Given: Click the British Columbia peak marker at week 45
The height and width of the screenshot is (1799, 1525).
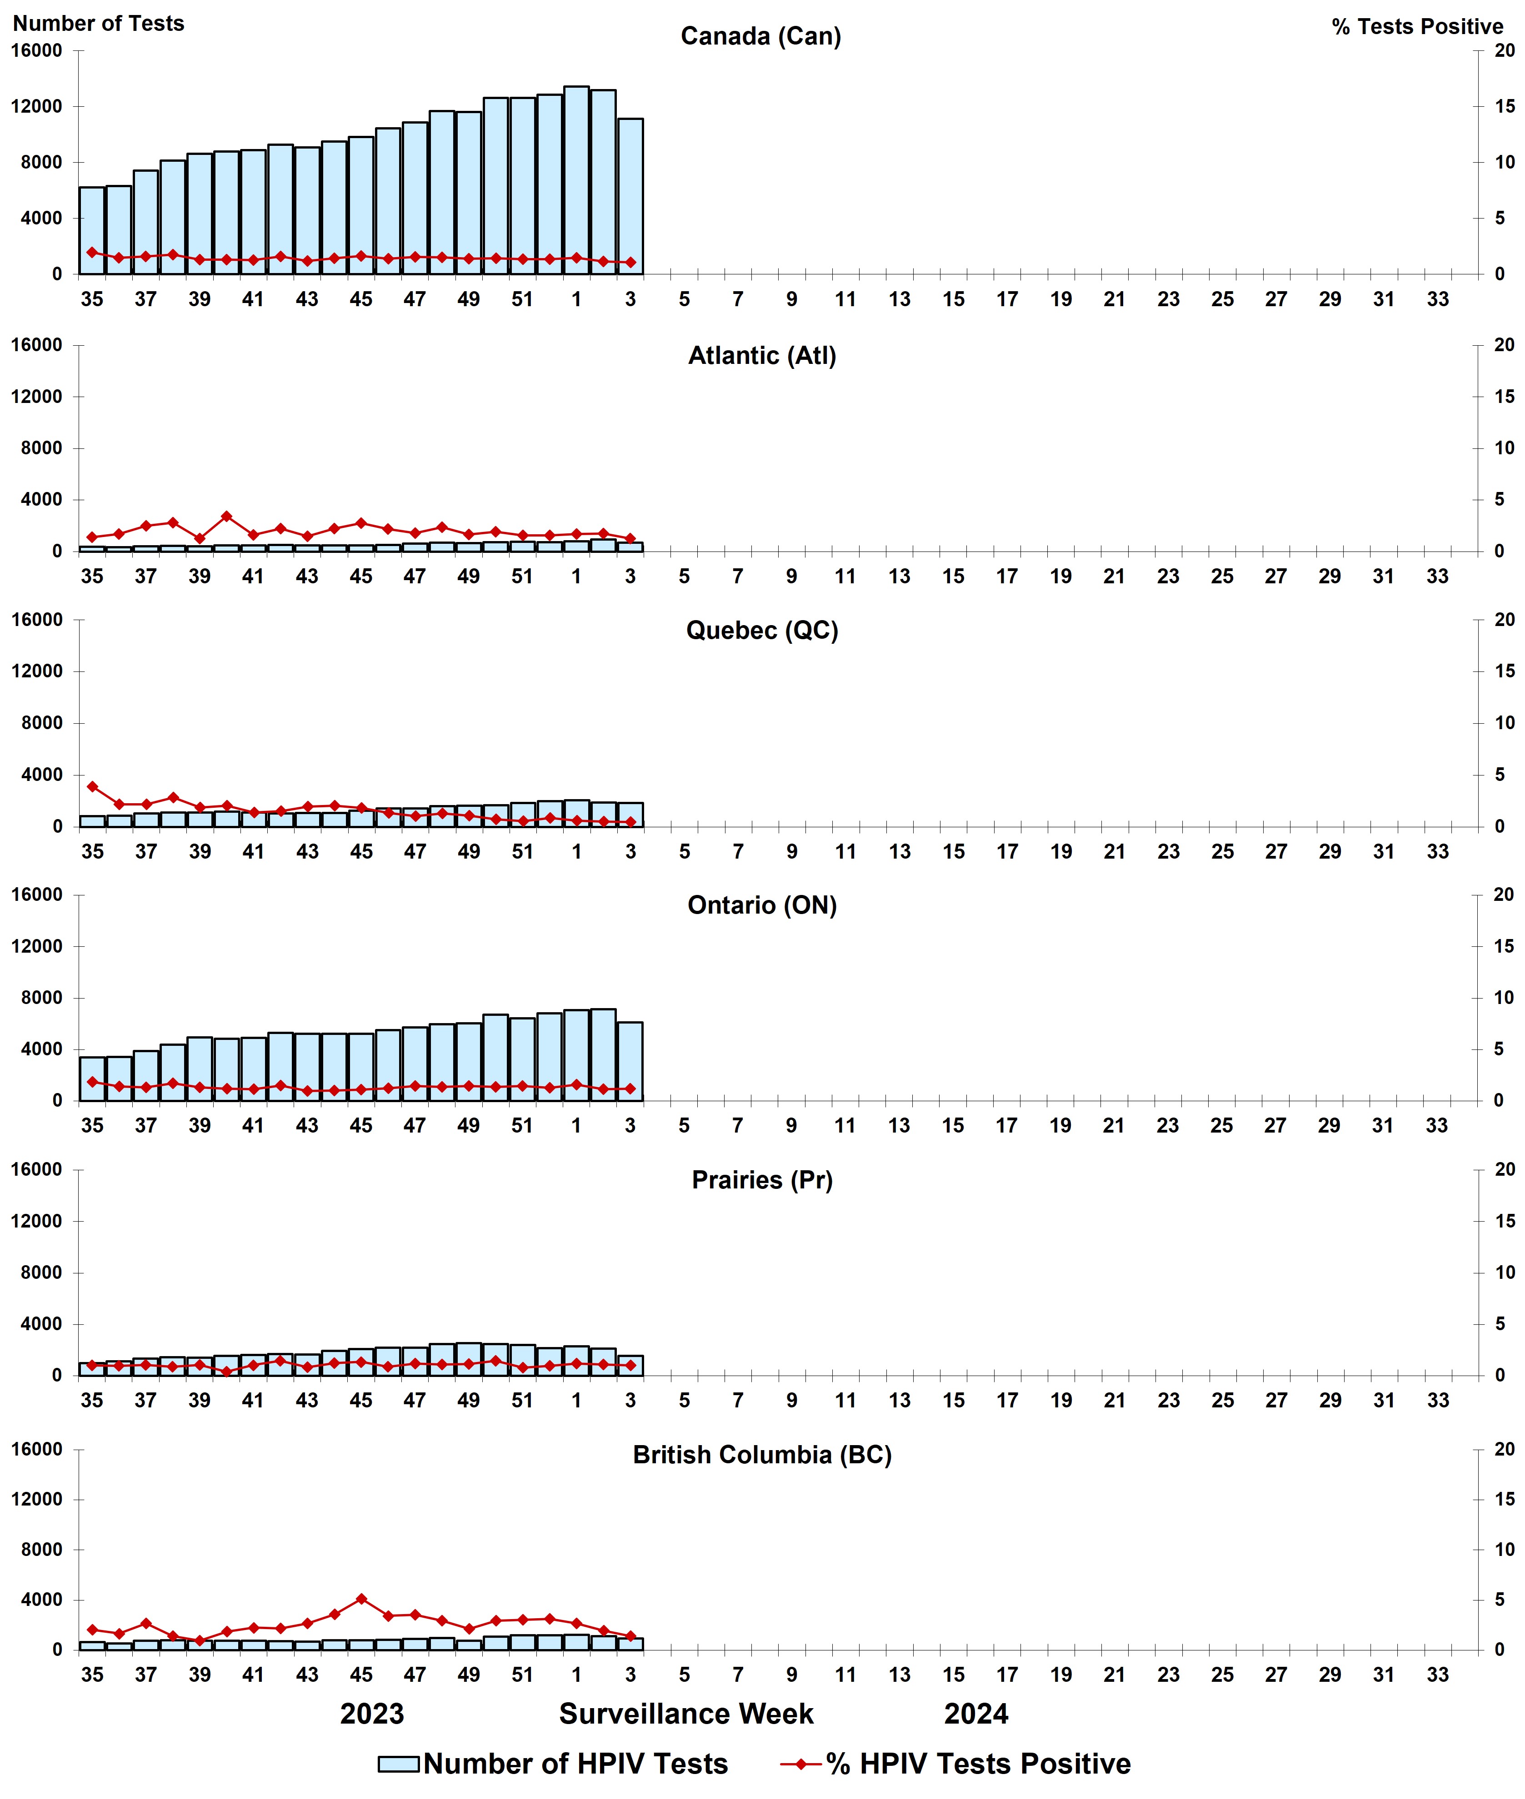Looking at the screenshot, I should click(361, 1599).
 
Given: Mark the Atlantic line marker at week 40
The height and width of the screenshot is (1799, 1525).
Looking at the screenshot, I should click(226, 516).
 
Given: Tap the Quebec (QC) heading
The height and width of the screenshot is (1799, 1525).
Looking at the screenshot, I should click(762, 630).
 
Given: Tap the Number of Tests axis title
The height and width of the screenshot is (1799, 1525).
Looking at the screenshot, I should click(98, 23).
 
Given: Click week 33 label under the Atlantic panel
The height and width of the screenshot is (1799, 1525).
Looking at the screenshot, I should click(1437, 576).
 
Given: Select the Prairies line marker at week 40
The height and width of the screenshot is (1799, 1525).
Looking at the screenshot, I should click(226, 1372).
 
